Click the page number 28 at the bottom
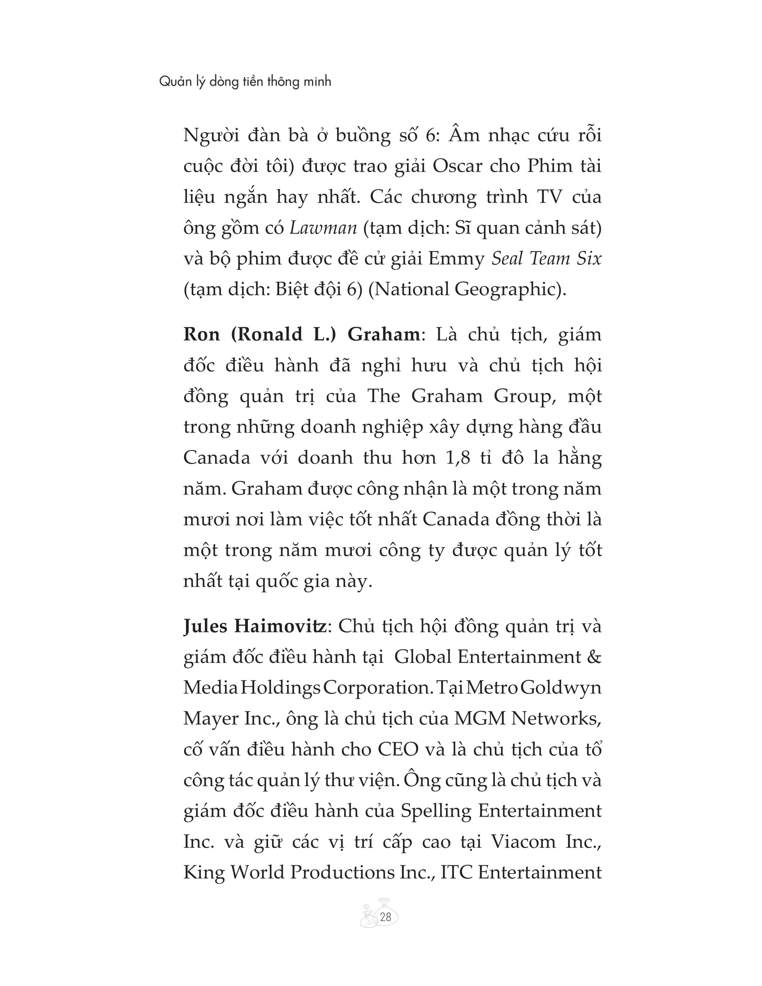[385, 917]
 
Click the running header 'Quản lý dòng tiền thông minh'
[245, 82]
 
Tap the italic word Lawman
[323, 228]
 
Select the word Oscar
[458, 166]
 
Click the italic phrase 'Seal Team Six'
[546, 259]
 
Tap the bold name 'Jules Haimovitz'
[255, 627]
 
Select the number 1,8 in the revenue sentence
[458, 458]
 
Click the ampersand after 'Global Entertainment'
[594, 657]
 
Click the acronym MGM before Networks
[480, 719]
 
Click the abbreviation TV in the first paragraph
[550, 197]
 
